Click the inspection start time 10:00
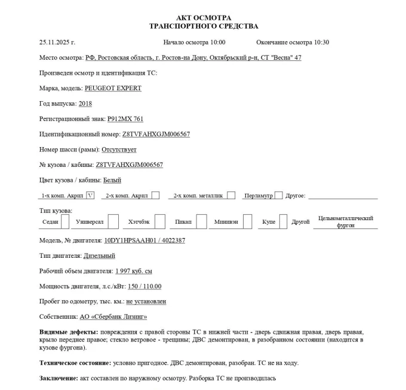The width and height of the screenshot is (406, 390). [x=217, y=42]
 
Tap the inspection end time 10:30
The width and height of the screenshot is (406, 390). [x=321, y=42]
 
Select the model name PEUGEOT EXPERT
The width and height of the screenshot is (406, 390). [x=113, y=88]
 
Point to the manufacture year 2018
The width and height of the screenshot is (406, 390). [x=85, y=103]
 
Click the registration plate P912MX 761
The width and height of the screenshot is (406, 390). [x=125, y=119]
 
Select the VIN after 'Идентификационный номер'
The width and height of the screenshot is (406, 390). [x=156, y=134]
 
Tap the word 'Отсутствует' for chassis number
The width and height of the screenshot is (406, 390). [x=119, y=150]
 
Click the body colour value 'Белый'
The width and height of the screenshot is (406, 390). [x=112, y=180]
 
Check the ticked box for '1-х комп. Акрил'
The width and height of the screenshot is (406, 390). [x=90, y=195]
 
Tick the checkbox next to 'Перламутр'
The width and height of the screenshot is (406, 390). [x=279, y=195]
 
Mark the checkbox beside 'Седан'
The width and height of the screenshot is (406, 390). [x=65, y=222]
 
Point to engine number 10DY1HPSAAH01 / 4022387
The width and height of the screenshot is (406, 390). [x=144, y=240]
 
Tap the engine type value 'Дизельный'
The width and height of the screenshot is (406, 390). [x=99, y=256]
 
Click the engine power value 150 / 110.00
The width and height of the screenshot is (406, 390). [x=144, y=287]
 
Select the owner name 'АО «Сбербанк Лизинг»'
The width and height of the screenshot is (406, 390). [x=113, y=317]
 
